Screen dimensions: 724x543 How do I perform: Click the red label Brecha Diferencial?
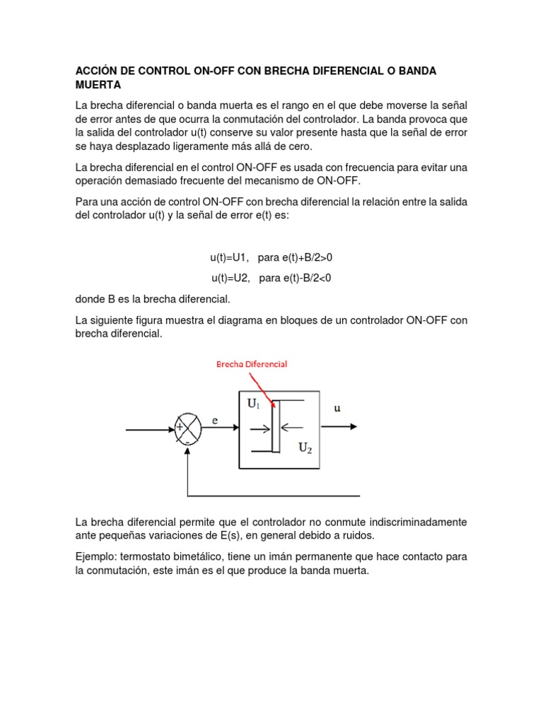(x=251, y=363)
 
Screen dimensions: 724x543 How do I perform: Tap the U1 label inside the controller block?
(x=254, y=404)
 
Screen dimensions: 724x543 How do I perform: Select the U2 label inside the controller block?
(x=305, y=448)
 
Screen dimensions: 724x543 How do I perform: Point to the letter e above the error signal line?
(x=216, y=420)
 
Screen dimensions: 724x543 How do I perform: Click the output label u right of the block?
(x=337, y=409)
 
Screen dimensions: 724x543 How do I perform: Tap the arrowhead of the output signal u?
(x=353, y=427)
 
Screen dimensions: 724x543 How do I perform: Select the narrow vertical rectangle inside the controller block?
(x=276, y=425)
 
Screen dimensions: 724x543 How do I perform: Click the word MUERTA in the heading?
(x=98, y=86)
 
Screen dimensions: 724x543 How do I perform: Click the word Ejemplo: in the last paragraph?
(x=98, y=556)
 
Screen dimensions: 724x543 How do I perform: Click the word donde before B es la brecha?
(x=90, y=299)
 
